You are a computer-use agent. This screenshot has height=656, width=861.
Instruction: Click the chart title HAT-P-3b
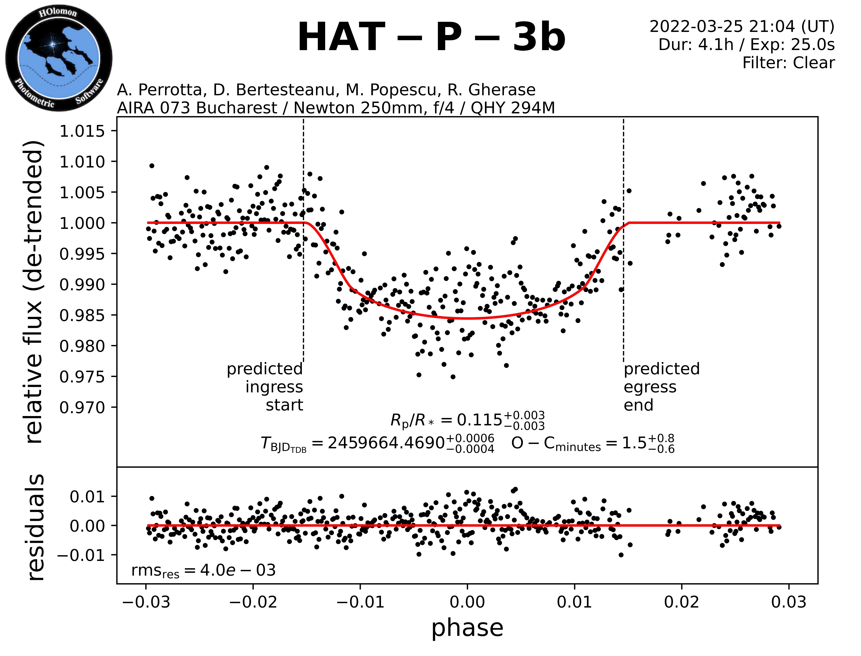click(x=431, y=37)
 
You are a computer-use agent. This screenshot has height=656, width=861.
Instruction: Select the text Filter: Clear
click(x=788, y=62)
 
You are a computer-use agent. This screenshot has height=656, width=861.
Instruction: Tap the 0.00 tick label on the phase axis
click(x=467, y=602)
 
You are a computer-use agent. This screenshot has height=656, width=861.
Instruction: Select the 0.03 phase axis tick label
click(x=789, y=602)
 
